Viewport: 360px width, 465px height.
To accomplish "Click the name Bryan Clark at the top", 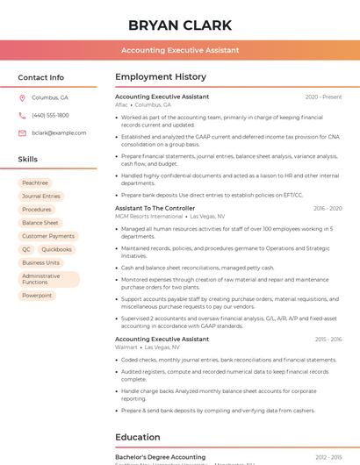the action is (x=180, y=25).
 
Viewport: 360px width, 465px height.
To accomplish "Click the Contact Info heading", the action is (x=40, y=77).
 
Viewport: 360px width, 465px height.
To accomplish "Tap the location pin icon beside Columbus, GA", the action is (x=23, y=98).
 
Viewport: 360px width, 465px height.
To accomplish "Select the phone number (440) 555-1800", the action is (x=50, y=116).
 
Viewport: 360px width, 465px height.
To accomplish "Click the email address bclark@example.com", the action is (x=59, y=133).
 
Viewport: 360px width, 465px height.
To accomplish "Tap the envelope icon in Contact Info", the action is (x=23, y=133).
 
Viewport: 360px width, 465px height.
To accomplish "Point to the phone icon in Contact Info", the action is (x=23, y=116).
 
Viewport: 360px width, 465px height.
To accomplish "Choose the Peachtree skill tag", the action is (x=35, y=183).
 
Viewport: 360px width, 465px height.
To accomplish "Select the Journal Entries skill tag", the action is (x=41, y=197).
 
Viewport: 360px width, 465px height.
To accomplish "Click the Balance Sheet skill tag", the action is (x=40, y=223).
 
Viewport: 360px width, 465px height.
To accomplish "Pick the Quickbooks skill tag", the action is (x=57, y=249).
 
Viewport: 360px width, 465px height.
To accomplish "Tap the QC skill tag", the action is (x=26, y=249).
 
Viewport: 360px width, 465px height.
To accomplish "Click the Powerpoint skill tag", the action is (x=37, y=296).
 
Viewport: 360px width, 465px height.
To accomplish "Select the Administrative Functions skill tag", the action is (x=41, y=279).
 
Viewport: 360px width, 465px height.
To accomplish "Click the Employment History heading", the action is (x=161, y=77).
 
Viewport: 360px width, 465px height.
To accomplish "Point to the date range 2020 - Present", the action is (x=323, y=97).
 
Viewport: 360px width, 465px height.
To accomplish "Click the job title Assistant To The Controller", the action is (x=155, y=209).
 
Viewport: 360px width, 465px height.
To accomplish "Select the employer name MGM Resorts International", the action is (x=149, y=216).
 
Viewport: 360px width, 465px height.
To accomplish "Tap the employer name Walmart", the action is (x=126, y=347).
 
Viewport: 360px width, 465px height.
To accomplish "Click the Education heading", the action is (x=137, y=437).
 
